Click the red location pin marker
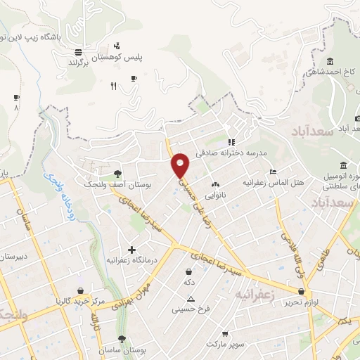pos(181,165)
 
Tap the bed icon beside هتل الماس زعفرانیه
pos(274,172)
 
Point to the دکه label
pos(188,281)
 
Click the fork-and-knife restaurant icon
pos(113,86)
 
